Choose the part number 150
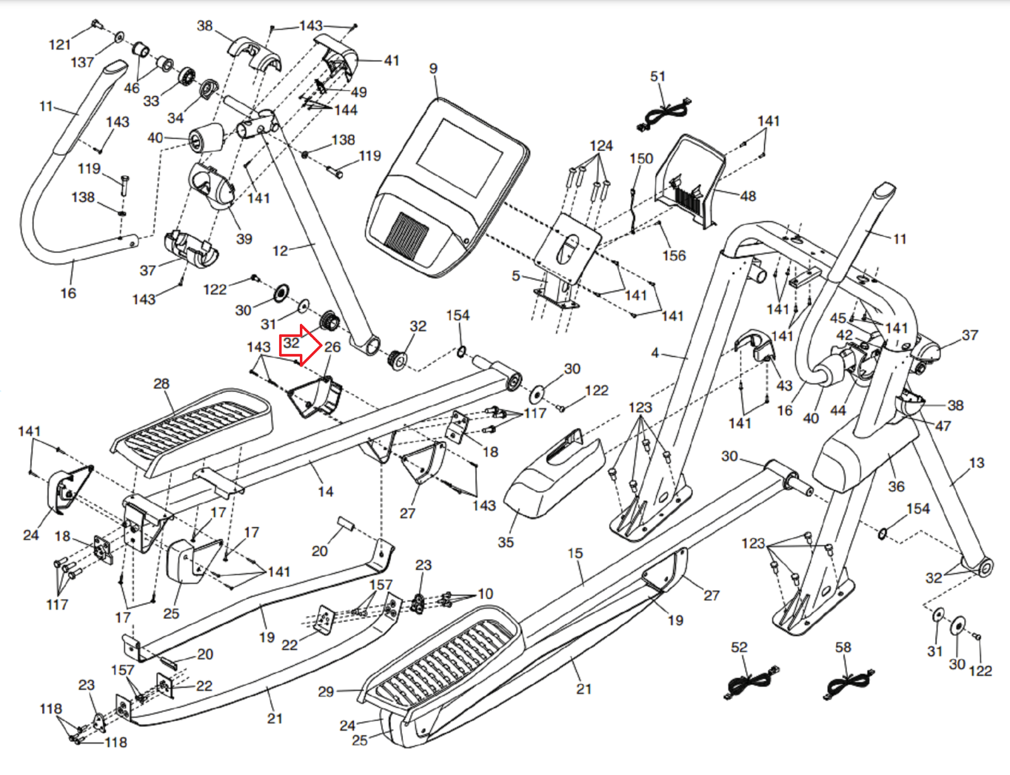click(x=641, y=158)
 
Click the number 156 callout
click(x=674, y=256)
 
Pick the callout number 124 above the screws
click(x=601, y=146)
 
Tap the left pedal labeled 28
click(x=193, y=430)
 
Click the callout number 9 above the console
click(x=433, y=69)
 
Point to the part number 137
click(x=82, y=62)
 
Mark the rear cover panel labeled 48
click(x=691, y=180)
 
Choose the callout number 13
click(x=977, y=463)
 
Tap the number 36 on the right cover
click(x=896, y=487)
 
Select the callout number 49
click(x=359, y=92)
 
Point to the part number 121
click(x=60, y=45)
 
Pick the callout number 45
click(x=838, y=319)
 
